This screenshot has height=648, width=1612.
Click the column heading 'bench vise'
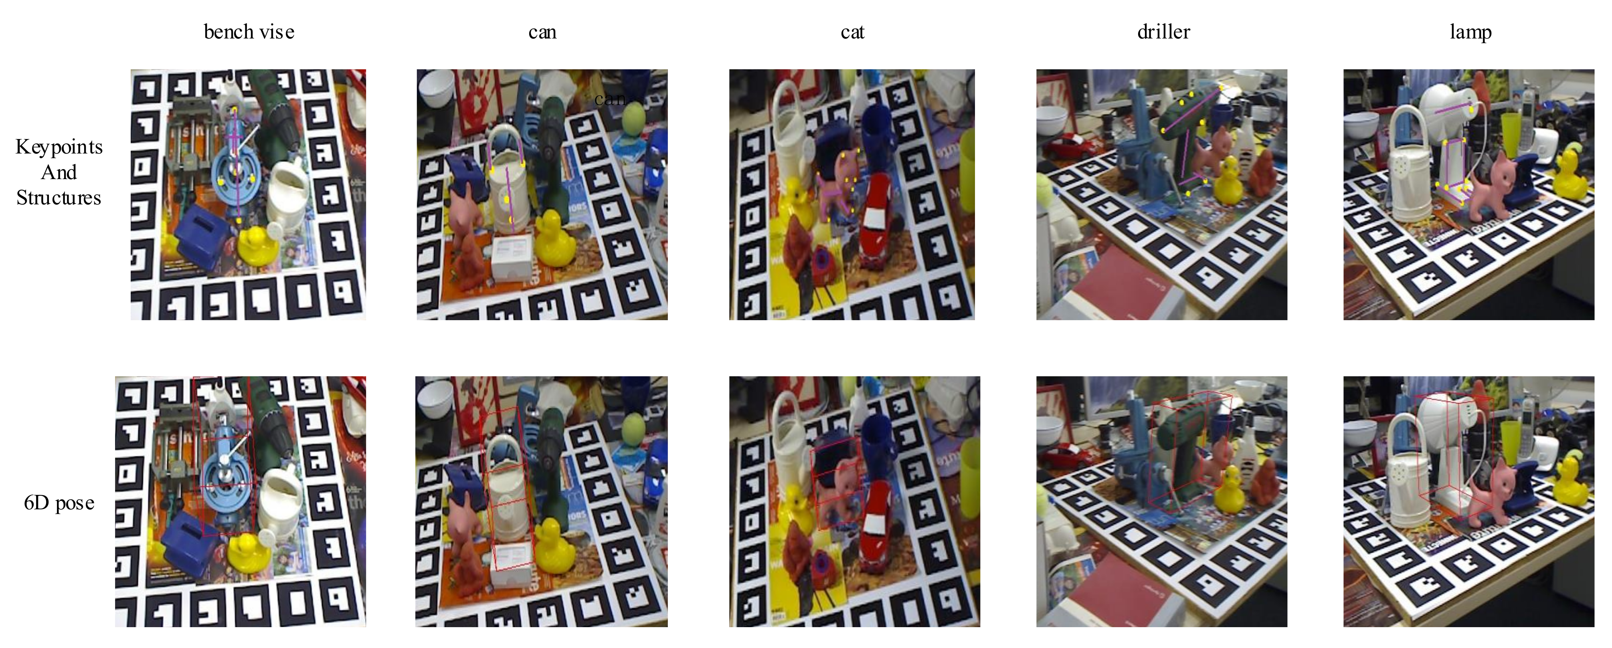pos(249,32)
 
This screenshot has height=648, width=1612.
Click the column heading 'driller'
pos(1163,32)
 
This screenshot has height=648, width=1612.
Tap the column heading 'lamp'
pos(1470,32)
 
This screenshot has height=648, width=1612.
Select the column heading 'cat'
pos(852,32)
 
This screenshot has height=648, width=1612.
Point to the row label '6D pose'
pos(59,503)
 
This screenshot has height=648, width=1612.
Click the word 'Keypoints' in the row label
pos(59,147)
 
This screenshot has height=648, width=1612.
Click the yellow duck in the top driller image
pos(1230,182)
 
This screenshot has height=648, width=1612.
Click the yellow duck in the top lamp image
pos(1571,175)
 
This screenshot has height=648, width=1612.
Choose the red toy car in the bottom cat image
pos(876,525)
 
